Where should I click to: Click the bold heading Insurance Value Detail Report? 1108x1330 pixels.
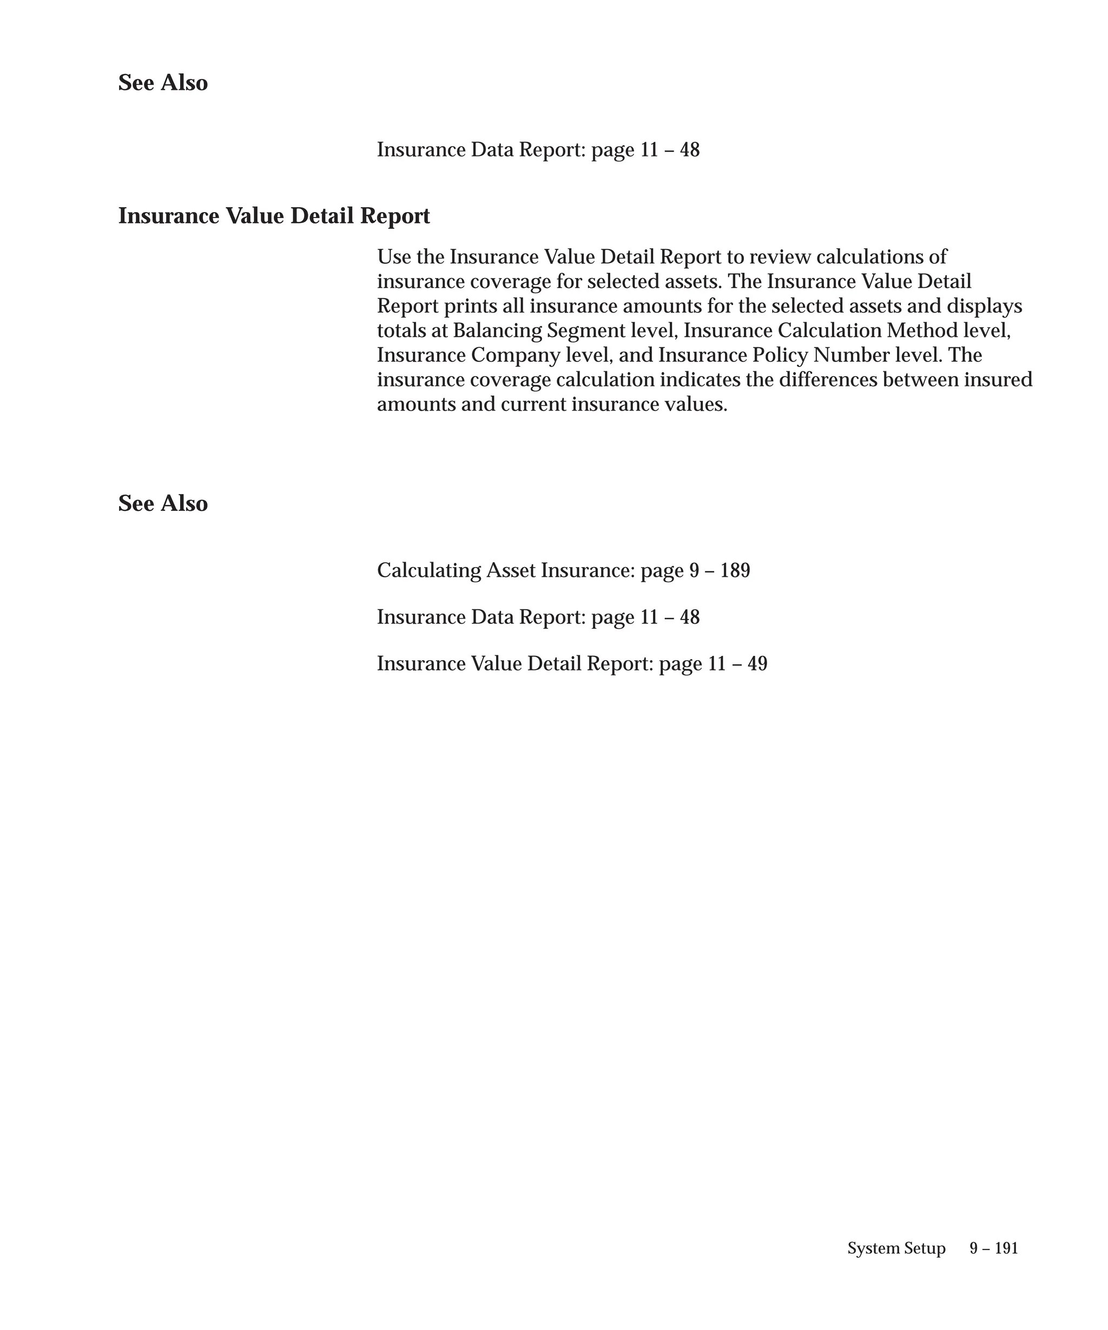(274, 216)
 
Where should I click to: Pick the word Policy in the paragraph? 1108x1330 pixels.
(779, 355)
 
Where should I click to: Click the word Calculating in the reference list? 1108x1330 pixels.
(428, 571)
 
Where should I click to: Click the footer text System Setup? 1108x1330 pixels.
(896, 1248)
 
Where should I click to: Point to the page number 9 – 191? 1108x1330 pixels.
(993, 1248)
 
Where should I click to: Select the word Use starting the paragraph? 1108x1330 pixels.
(394, 257)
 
